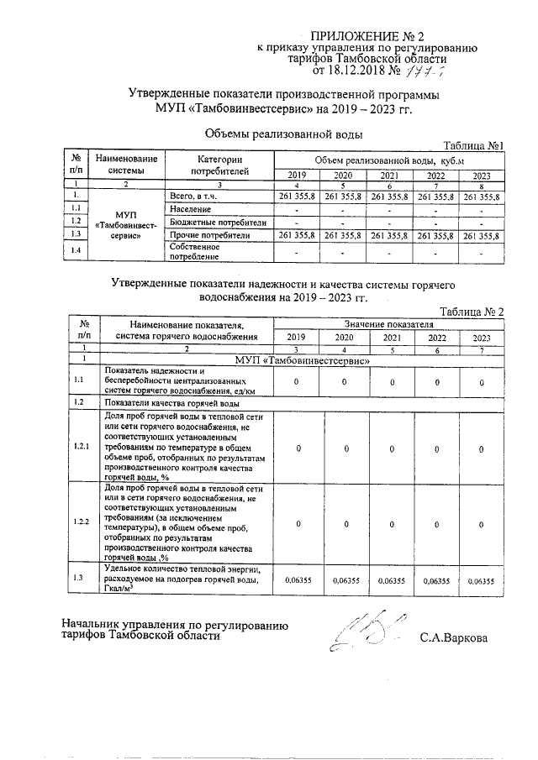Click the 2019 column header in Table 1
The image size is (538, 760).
(x=297, y=176)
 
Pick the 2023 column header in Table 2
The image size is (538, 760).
(x=481, y=338)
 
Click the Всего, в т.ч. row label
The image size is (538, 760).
(x=194, y=196)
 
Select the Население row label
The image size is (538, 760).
(x=189, y=208)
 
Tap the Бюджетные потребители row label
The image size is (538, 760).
(x=217, y=223)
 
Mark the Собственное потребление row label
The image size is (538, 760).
(x=195, y=251)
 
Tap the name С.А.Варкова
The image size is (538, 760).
(x=454, y=637)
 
